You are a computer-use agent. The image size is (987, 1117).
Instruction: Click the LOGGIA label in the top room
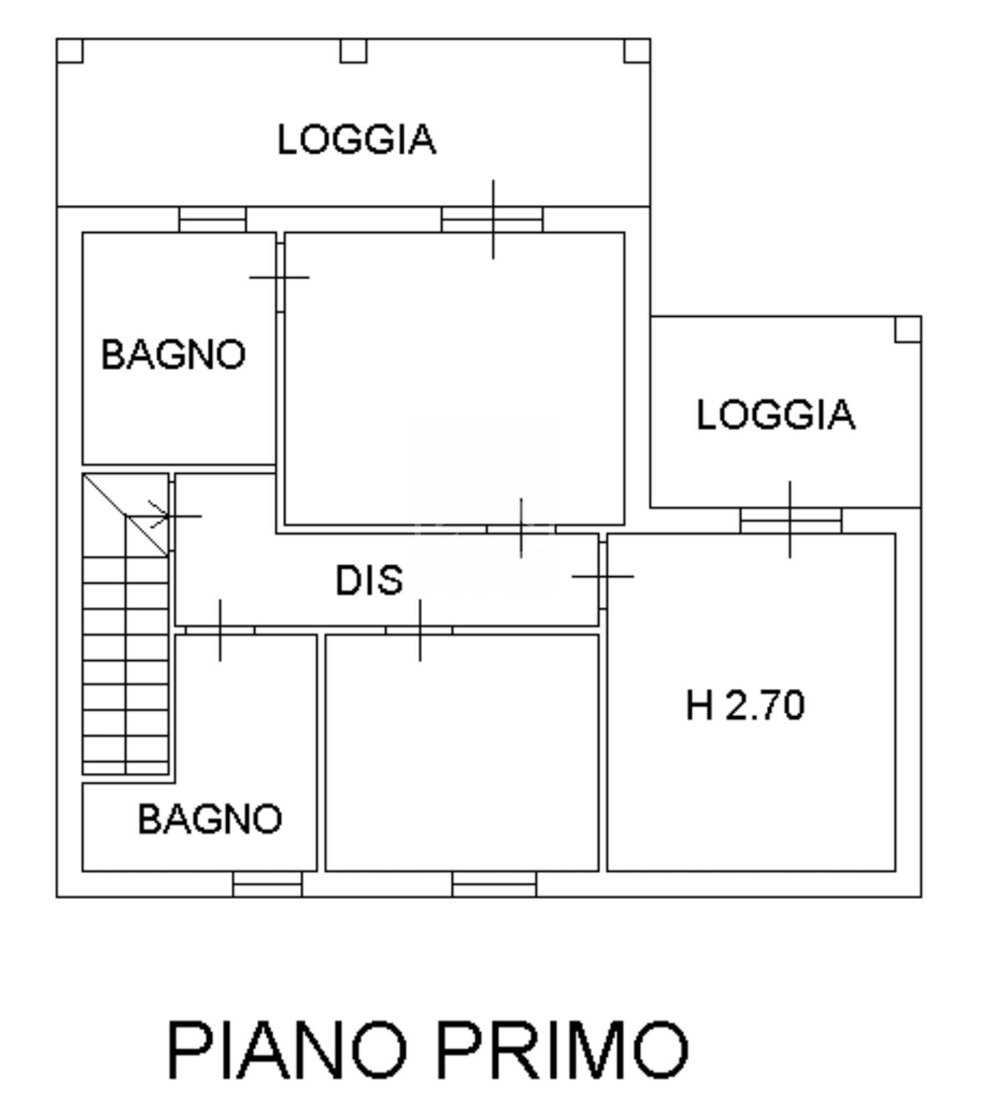click(x=356, y=140)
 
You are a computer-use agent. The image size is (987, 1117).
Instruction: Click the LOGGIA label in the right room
click(x=775, y=415)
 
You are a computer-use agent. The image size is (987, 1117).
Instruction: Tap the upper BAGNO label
click(x=173, y=354)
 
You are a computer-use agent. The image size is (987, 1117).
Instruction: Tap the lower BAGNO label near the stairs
click(x=210, y=819)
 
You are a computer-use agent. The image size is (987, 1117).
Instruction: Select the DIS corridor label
click(x=369, y=581)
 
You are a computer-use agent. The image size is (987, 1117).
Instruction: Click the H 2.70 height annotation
click(x=745, y=705)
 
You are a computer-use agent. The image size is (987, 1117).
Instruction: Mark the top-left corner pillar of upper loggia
click(x=70, y=51)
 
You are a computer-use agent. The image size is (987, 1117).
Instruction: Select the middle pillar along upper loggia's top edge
click(x=353, y=51)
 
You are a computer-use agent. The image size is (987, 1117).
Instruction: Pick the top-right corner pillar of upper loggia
click(x=637, y=51)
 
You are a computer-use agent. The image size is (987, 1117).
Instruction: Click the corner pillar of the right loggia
click(x=907, y=329)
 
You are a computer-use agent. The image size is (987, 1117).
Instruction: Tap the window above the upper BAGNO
click(x=212, y=220)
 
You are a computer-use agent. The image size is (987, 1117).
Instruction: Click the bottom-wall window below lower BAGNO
click(x=268, y=884)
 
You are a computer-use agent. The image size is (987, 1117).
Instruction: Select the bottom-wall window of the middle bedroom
click(x=494, y=884)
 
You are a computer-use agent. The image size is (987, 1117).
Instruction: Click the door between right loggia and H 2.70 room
click(x=790, y=520)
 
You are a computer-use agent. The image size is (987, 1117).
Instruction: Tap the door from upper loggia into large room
click(x=493, y=220)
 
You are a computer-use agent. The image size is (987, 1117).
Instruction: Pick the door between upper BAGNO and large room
click(x=280, y=278)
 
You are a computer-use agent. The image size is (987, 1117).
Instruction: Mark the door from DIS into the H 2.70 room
click(x=603, y=576)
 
